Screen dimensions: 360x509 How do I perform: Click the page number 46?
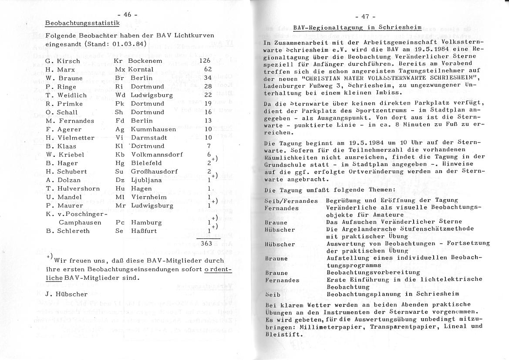click(x=127, y=14)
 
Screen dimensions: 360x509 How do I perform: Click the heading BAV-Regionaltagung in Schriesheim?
click(x=357, y=27)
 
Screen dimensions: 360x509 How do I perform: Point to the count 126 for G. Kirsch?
click(x=205, y=61)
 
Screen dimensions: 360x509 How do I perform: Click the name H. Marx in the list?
click(x=60, y=69)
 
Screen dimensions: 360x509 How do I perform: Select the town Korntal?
click(x=140, y=69)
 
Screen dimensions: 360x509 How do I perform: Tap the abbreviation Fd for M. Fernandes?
click(x=120, y=121)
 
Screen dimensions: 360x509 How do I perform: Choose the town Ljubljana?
click(x=146, y=180)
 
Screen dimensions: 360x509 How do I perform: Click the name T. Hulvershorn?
click(x=72, y=189)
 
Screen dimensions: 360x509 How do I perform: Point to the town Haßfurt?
click(x=144, y=231)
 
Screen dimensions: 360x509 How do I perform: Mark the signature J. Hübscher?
click(x=66, y=294)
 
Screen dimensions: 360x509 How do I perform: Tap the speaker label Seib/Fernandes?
click(x=291, y=200)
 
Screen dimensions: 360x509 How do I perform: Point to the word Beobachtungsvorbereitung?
click(x=373, y=272)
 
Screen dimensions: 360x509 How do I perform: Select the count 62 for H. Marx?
click(x=208, y=69)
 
